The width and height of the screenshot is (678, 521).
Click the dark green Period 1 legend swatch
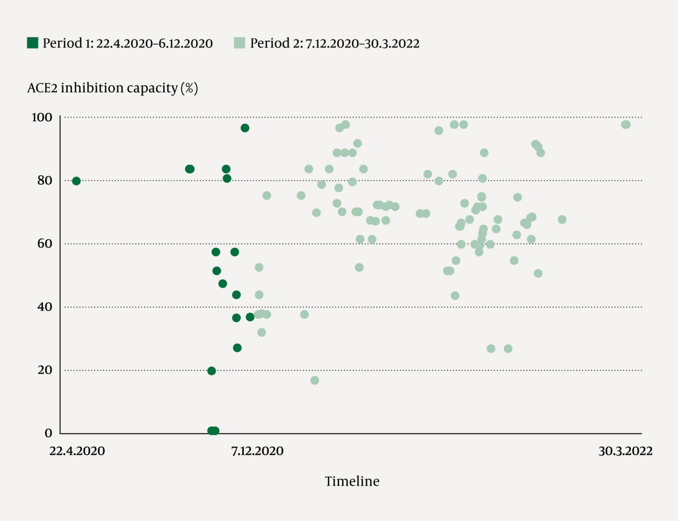pyautogui.click(x=33, y=43)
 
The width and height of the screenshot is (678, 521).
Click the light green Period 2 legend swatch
pyautogui.click(x=240, y=43)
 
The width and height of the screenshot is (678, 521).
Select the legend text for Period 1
pyautogui.click(x=127, y=43)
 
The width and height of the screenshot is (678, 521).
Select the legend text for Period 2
pyautogui.click(x=334, y=43)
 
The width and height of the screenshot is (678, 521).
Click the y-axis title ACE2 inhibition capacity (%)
pyautogui.click(x=113, y=88)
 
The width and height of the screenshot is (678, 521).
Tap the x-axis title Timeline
pyautogui.click(x=352, y=481)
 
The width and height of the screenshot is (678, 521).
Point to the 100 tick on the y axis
pyautogui.click(x=42, y=117)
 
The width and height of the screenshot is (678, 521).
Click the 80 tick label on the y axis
pyautogui.click(x=45, y=180)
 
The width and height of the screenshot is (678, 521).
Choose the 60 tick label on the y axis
pyautogui.click(x=45, y=244)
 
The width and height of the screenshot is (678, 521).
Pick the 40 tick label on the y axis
pyautogui.click(x=45, y=307)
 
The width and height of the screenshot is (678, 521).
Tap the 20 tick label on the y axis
pyautogui.click(x=45, y=370)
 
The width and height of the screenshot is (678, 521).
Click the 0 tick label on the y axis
pyautogui.click(x=48, y=433)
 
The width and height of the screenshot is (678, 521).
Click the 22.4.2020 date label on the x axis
pyautogui.click(x=77, y=451)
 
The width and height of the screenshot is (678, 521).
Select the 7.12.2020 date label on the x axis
pyautogui.click(x=257, y=451)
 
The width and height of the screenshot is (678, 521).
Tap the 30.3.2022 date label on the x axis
pyautogui.click(x=626, y=451)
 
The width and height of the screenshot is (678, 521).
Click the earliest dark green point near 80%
pyautogui.click(x=76, y=181)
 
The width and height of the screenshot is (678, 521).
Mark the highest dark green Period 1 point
pyautogui.click(x=245, y=128)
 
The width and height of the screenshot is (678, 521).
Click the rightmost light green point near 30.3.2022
pyautogui.click(x=626, y=125)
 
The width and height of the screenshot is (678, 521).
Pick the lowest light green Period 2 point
pyautogui.click(x=315, y=380)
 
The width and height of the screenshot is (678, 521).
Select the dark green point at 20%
pyautogui.click(x=212, y=371)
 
